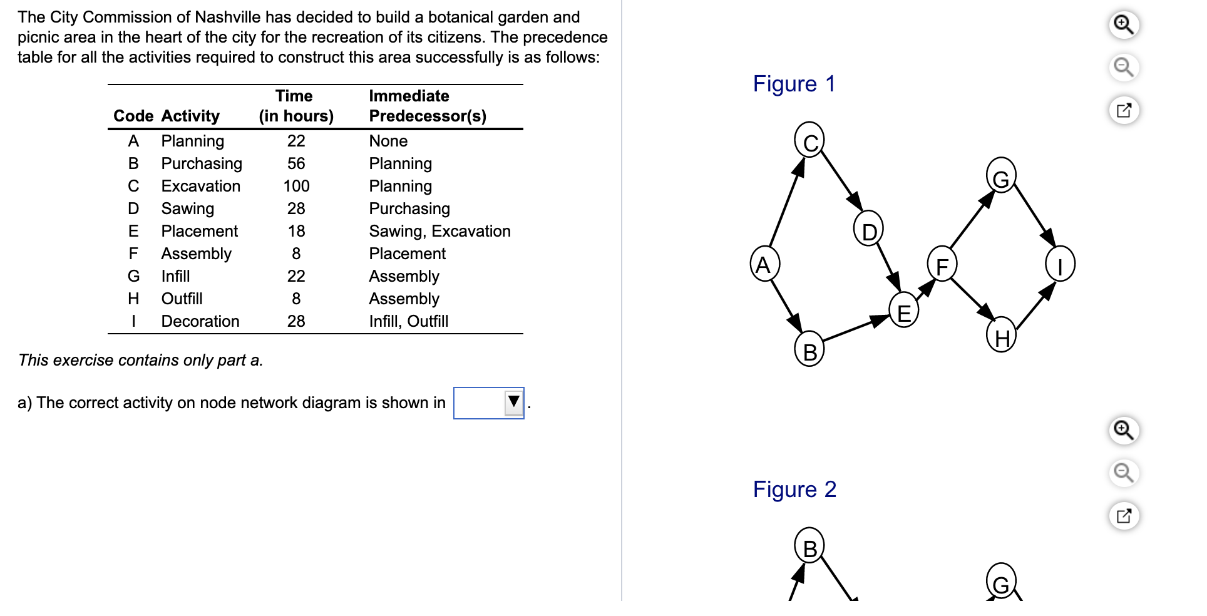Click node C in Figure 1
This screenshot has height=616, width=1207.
point(809,140)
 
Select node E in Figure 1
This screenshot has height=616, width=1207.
point(903,311)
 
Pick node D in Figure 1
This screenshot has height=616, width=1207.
point(868,230)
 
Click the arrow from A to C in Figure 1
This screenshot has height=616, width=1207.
point(786,202)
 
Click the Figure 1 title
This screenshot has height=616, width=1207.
point(794,84)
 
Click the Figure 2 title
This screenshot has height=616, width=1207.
point(794,490)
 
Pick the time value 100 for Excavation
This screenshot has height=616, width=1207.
point(296,186)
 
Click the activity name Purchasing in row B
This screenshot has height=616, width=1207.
point(202,163)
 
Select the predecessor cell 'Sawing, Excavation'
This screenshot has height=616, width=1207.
point(439,231)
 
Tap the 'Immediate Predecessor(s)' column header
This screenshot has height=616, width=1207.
point(428,106)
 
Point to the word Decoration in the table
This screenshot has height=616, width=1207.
point(200,321)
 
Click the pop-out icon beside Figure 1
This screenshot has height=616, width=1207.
point(1124,110)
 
